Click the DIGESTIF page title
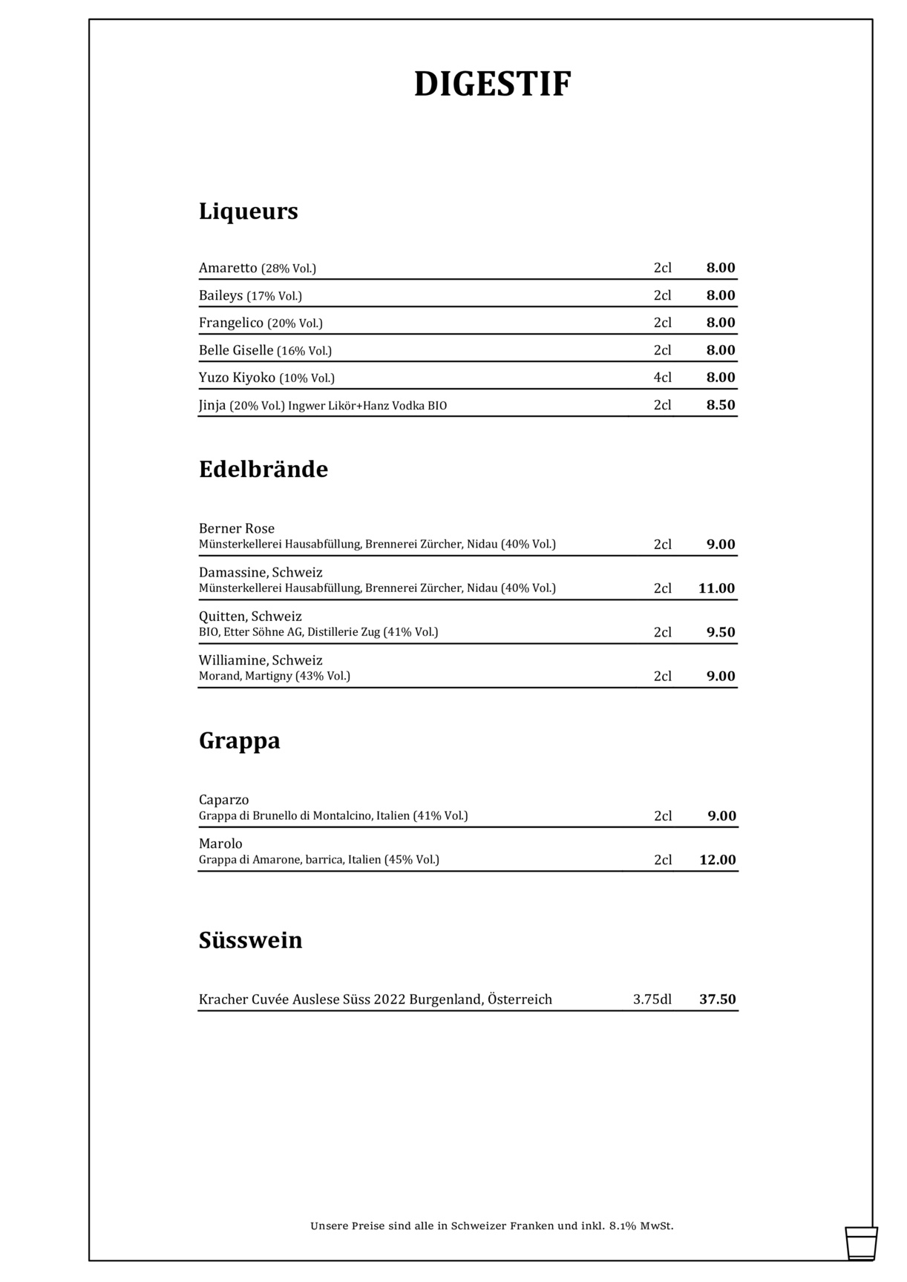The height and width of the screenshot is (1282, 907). pyautogui.click(x=492, y=85)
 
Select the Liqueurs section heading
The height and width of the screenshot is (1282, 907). pyautogui.click(x=248, y=211)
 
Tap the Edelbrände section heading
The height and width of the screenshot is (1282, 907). pyautogui.click(x=263, y=470)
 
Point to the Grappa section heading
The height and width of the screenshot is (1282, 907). pyautogui.click(x=239, y=741)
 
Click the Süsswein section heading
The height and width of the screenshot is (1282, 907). pyautogui.click(x=250, y=941)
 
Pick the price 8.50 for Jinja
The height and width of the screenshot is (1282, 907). pyautogui.click(x=720, y=405)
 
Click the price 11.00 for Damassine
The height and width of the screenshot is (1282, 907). pyautogui.click(x=716, y=588)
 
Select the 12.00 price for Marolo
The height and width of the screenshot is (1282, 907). pyautogui.click(x=717, y=860)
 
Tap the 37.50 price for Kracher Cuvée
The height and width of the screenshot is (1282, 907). pyautogui.click(x=717, y=999)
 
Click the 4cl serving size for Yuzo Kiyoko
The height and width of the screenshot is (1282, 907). pyautogui.click(x=662, y=378)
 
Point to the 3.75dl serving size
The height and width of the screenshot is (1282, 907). pyautogui.click(x=652, y=999)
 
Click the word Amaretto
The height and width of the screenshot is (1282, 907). pyautogui.click(x=228, y=268)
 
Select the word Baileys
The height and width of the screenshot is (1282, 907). pyautogui.click(x=220, y=295)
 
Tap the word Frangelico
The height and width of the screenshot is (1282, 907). pyautogui.click(x=231, y=323)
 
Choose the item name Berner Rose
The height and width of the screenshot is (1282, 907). pyautogui.click(x=236, y=528)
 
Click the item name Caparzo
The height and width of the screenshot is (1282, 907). pyautogui.click(x=223, y=800)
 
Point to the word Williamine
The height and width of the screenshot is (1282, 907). pyautogui.click(x=232, y=660)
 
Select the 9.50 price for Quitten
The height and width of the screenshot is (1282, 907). pyautogui.click(x=720, y=632)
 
